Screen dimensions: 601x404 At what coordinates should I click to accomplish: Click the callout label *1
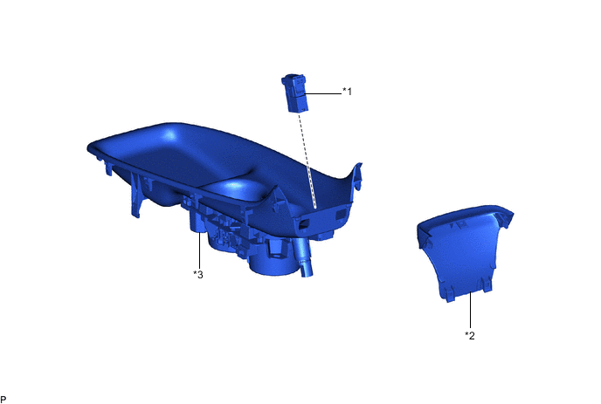point(347,92)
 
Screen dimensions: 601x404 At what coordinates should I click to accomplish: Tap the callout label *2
point(470,335)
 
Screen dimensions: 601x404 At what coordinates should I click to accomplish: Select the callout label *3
point(198,274)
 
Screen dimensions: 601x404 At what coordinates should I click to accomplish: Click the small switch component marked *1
point(294,93)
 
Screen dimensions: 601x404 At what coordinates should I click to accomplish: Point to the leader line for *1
point(322,93)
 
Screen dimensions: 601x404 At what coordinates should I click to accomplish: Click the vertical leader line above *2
point(470,311)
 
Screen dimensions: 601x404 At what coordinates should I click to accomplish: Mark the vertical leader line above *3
point(200,250)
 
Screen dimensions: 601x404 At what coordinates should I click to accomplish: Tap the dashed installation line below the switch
point(307,161)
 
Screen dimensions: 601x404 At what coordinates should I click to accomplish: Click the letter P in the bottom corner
point(3,400)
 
